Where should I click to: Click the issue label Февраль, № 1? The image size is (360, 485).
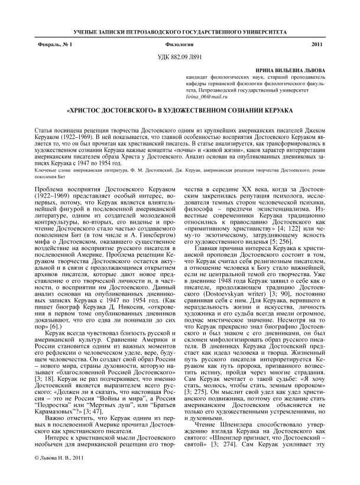pos(52,45)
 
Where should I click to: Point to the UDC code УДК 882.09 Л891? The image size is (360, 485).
pos(179,57)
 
